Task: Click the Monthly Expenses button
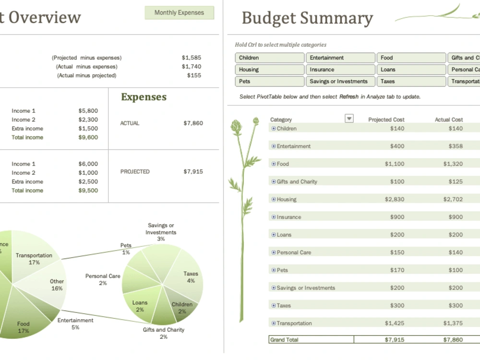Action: point(179,12)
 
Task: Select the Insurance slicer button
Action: point(340,70)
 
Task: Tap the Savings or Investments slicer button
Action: point(340,82)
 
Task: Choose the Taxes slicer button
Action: point(411,82)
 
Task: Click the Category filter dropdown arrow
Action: point(349,119)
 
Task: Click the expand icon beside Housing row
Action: point(274,199)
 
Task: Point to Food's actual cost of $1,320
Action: point(453,164)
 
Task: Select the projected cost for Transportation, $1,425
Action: point(394,323)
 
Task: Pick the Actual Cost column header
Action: point(449,120)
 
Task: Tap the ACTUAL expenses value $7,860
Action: point(193,123)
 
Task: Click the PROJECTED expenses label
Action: point(135,171)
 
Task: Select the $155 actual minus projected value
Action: point(194,75)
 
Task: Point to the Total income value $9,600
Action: point(88,137)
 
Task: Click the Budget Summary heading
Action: point(307,18)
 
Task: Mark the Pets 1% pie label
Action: point(126,249)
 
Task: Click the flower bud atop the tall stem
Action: point(236,127)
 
